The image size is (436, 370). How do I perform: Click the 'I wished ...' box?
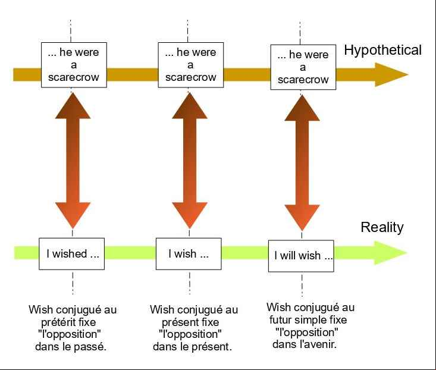(x=72, y=254)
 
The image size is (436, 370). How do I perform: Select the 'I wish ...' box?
(x=189, y=254)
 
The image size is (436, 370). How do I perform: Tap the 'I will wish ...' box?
(x=301, y=256)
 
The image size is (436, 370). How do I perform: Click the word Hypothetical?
(x=382, y=51)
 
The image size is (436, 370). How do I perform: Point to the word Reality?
(x=382, y=227)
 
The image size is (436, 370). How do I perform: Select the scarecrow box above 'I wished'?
(x=74, y=65)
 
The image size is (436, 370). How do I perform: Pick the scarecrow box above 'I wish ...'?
(x=191, y=65)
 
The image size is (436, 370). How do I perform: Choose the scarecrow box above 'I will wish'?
(x=303, y=67)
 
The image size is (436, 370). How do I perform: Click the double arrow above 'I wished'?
(x=73, y=161)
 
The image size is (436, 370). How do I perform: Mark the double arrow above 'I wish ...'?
(x=190, y=161)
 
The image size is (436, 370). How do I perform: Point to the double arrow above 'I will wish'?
(x=302, y=163)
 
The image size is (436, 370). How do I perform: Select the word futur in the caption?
(x=281, y=320)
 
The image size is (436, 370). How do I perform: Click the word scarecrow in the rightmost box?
(x=303, y=80)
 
